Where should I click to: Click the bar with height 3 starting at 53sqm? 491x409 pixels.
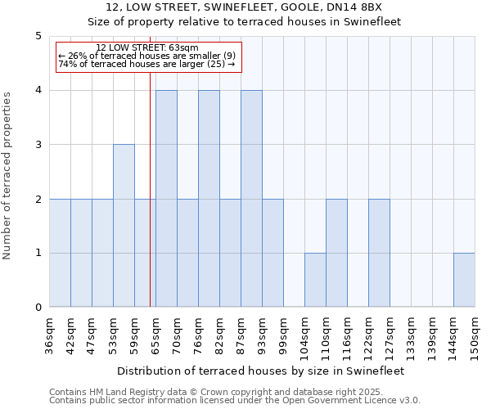coord(124,226)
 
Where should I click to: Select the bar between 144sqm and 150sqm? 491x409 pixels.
coord(464,281)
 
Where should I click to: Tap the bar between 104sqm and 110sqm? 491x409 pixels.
coord(315,281)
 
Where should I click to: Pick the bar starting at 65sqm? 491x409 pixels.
coord(166,199)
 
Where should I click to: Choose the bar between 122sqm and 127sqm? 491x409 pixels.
coord(379,253)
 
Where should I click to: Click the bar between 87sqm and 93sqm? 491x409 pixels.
coord(251,199)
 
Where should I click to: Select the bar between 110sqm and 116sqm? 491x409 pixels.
coord(336,253)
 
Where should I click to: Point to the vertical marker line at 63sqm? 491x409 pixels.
coord(151,188)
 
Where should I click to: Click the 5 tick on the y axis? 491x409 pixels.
coord(38,36)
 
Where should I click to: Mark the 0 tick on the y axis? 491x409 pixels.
coord(38,308)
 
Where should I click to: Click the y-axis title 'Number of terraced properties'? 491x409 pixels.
coord(7,176)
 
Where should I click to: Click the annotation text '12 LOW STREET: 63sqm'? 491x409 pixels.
coord(147,48)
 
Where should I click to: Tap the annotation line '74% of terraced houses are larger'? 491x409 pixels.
coord(147,64)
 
